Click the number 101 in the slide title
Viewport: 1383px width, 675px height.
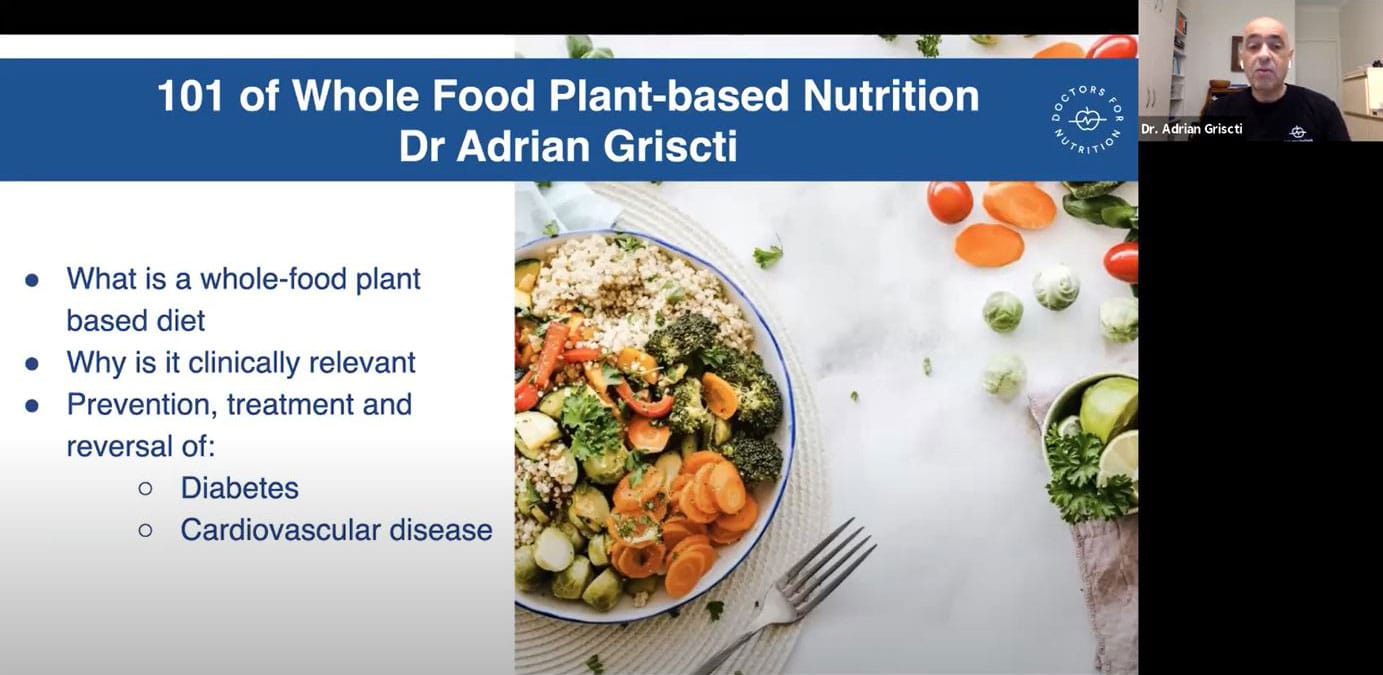[190, 96]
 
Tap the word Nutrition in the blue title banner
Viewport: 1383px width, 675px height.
[891, 96]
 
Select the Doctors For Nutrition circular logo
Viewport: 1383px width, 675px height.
[1087, 120]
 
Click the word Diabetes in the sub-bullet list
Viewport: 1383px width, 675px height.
[240, 488]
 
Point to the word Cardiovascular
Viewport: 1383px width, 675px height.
[280, 530]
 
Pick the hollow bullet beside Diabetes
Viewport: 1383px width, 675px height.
[146, 489]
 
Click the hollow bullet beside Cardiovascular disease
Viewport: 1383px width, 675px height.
[146, 530]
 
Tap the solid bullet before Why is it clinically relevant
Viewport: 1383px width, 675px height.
[32, 363]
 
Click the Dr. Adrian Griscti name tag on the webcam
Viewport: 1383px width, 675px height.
[1192, 129]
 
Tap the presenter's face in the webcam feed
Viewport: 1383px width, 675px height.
[1264, 52]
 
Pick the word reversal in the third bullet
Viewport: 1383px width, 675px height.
[119, 446]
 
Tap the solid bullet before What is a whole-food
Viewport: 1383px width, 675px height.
[32, 280]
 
